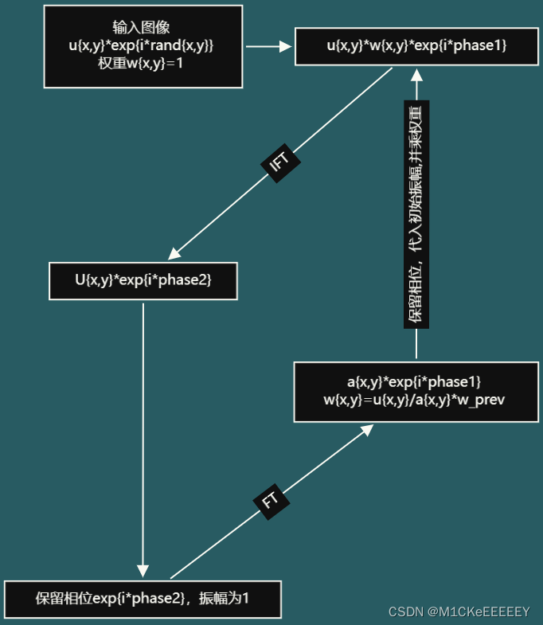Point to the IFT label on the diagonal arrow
(280, 162)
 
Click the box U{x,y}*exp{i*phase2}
(143, 280)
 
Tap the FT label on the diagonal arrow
(271, 501)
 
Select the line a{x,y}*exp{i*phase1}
(414, 381)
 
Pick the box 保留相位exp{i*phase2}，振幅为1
(143, 599)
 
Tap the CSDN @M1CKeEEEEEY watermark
(459, 611)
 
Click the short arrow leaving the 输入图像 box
(267, 46)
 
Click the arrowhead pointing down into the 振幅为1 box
(143, 570)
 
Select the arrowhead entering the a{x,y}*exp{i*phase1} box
(366, 430)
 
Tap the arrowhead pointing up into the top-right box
(416, 74)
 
